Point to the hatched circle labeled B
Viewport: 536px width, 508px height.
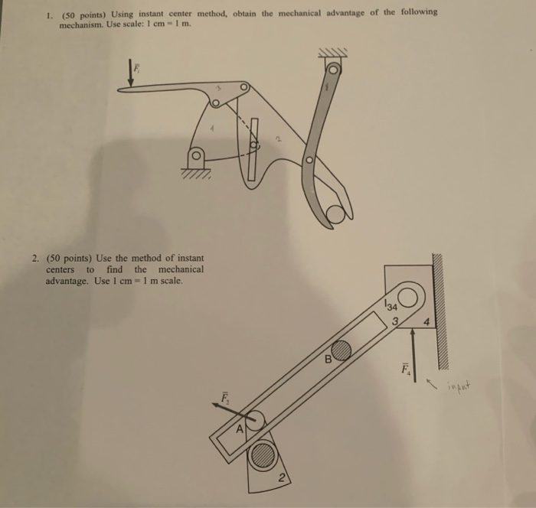pos(341,350)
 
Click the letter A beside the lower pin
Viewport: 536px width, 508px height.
pos(240,430)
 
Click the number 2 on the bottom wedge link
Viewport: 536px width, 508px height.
pos(282,480)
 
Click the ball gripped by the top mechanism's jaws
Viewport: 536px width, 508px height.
pos(335,214)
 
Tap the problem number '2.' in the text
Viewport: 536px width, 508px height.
pos(36,259)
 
